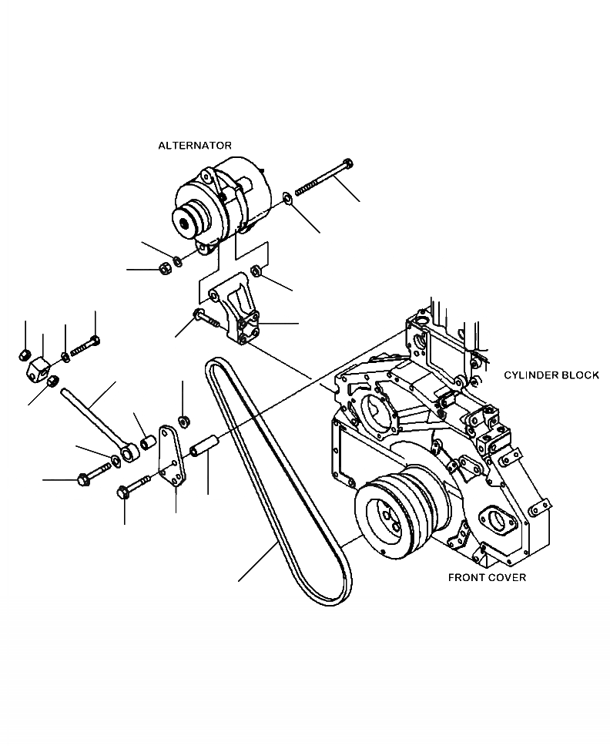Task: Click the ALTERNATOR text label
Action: [x=194, y=145]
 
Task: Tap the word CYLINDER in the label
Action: [x=531, y=375]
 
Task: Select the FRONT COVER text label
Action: [x=487, y=577]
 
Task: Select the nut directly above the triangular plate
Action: [x=183, y=421]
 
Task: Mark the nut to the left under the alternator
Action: [x=164, y=269]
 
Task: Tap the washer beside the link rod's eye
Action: [x=116, y=460]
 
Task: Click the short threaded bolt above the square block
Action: [x=83, y=348]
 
